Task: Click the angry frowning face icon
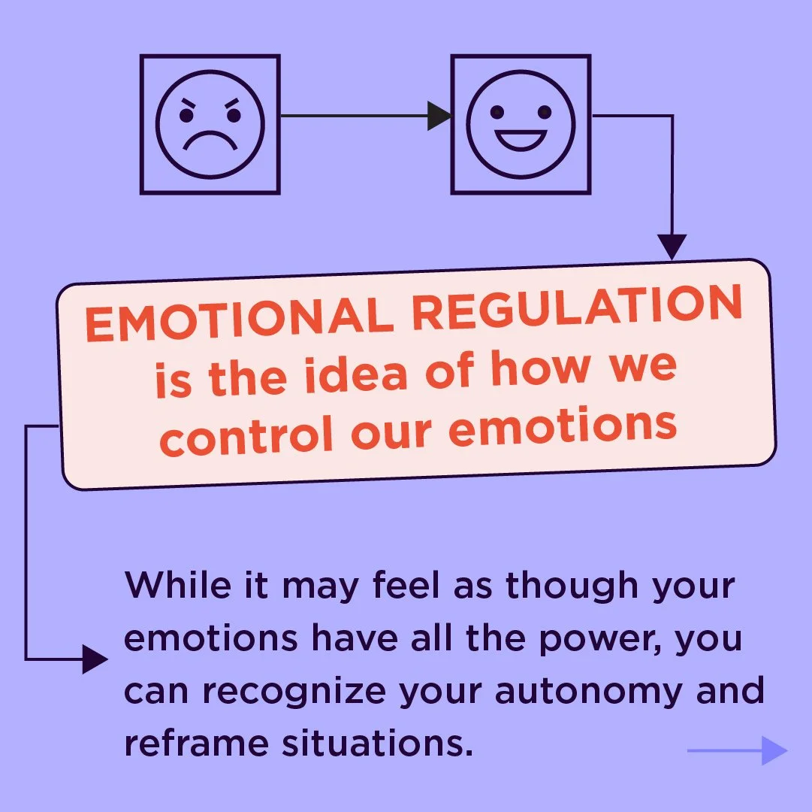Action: [x=210, y=124]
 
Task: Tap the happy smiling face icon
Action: [x=521, y=124]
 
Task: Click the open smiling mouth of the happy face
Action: [x=521, y=140]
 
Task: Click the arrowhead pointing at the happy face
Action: [x=439, y=116]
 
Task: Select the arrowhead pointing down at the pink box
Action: [x=672, y=247]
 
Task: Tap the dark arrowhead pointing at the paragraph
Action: [x=95, y=659]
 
